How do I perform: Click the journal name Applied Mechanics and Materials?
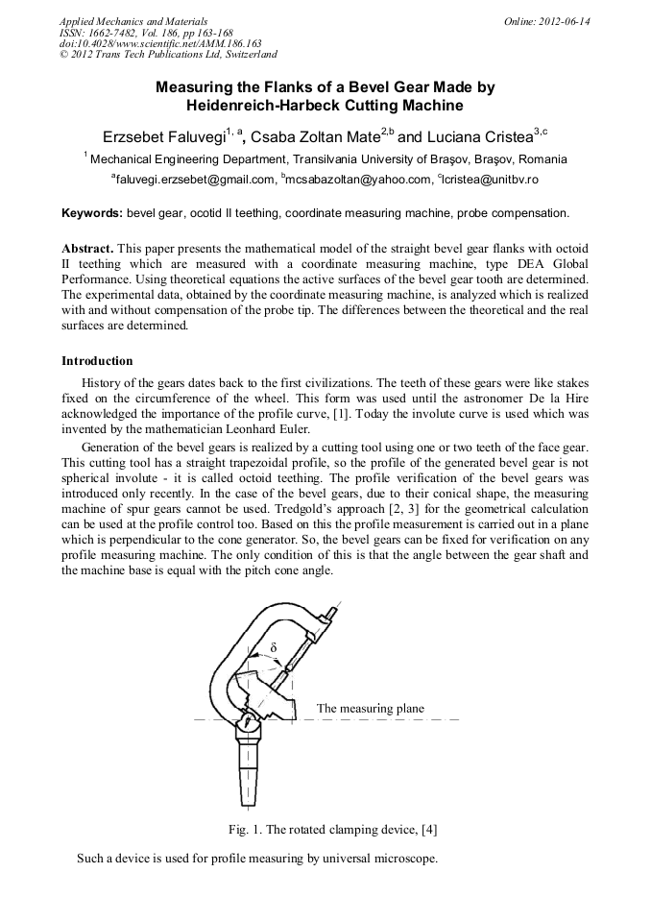pyautogui.click(x=133, y=21)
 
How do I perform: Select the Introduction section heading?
pyautogui.click(x=97, y=361)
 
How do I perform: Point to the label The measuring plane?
pyautogui.click(x=370, y=709)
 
